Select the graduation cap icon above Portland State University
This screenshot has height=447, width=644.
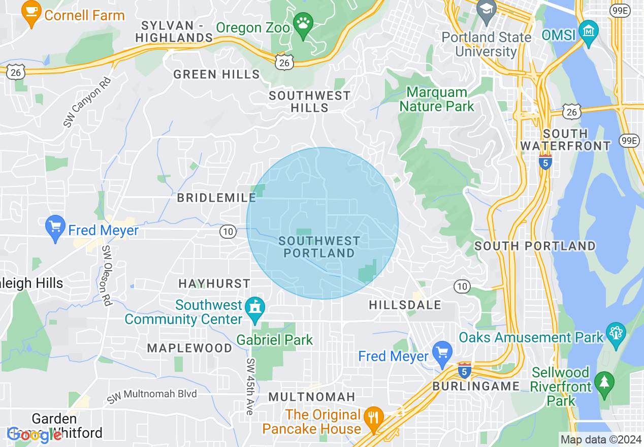487,11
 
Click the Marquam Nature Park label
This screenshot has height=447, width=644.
437,100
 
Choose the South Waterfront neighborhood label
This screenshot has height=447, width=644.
565,140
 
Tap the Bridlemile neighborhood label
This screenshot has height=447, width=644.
216,198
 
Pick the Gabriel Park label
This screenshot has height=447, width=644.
275,340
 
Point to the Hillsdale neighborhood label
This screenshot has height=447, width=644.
405,305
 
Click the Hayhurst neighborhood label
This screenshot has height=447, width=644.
214,283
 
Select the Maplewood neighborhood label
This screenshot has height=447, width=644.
189,348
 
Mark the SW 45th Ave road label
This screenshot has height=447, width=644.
250,386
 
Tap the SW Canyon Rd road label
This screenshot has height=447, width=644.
87,102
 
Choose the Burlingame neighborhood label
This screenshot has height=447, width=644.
476,386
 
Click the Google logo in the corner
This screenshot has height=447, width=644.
34,435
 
